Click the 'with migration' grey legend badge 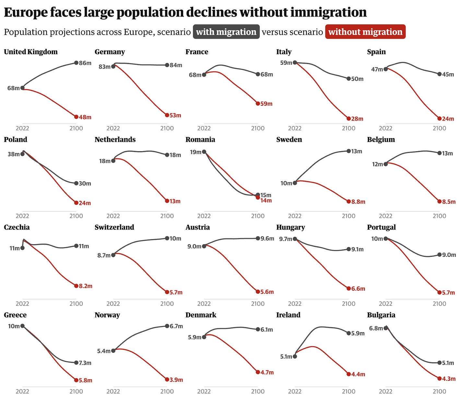click(226, 32)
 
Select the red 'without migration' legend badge click(365, 32)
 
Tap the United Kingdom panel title click(31, 52)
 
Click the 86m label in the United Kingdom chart click(85, 63)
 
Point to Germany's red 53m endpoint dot click(167, 115)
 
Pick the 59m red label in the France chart click(266, 104)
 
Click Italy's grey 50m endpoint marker click(348, 79)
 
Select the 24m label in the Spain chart click(448, 119)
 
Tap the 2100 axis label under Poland click(76, 216)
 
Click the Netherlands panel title click(115, 139)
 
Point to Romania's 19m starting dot click(204, 152)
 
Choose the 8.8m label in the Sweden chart click(358, 202)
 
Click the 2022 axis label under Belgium click(386, 216)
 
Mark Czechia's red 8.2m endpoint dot click(76, 286)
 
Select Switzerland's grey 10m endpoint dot click(167, 238)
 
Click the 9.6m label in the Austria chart click(267, 238)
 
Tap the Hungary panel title click(291, 227)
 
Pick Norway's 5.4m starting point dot click(113, 351)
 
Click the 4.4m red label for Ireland click(358, 374)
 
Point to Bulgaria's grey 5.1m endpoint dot click(440, 363)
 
